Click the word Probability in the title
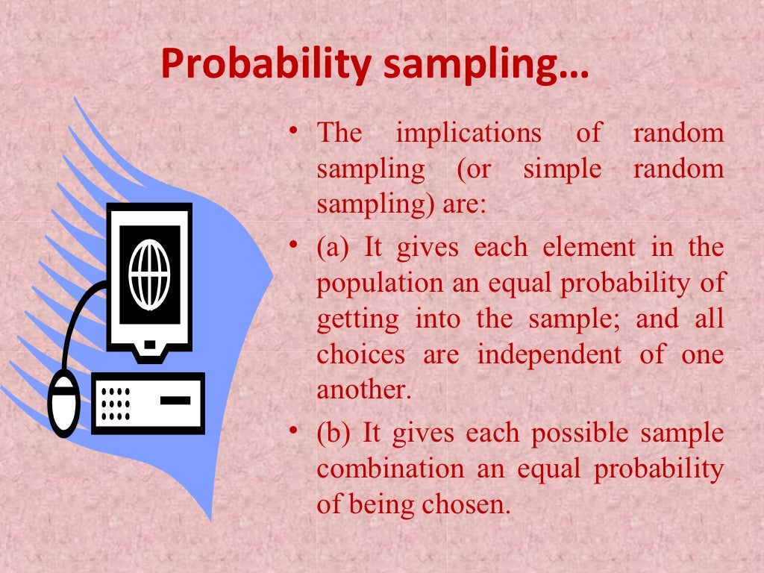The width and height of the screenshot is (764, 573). click(x=264, y=66)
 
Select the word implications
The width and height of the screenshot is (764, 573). click(x=469, y=134)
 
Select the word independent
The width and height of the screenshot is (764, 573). click(x=549, y=354)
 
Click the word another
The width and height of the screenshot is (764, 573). click(x=363, y=390)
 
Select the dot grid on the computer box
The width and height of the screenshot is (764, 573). click(x=116, y=404)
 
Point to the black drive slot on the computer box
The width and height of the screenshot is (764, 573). click(x=175, y=400)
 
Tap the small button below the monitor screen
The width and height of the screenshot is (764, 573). click(x=149, y=344)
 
